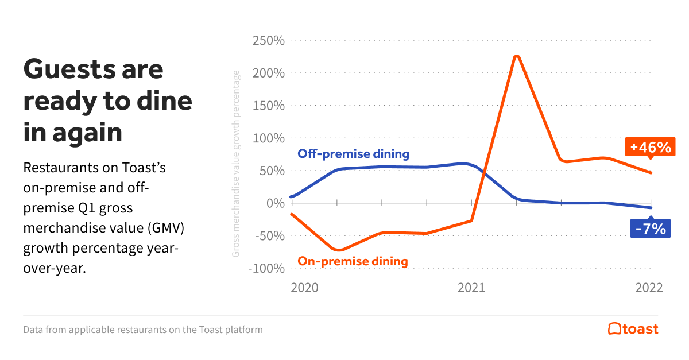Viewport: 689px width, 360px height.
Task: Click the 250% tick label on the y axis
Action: [268, 41]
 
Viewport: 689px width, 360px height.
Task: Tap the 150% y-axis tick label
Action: [268, 106]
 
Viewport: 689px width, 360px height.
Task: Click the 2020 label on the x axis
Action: [304, 288]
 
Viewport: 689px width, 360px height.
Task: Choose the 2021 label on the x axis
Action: [471, 288]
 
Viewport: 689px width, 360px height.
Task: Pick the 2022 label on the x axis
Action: [649, 288]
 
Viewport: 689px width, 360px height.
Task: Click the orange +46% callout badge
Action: [650, 148]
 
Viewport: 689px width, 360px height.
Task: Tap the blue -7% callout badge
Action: [650, 229]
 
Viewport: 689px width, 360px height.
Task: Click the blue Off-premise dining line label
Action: [353, 154]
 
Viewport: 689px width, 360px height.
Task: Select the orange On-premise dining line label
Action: [353, 261]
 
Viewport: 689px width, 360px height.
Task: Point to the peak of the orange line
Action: [516, 56]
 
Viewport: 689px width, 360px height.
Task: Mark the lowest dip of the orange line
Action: [339, 250]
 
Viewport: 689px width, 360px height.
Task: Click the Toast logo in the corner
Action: [633, 329]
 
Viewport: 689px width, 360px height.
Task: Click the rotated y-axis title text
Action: [236, 164]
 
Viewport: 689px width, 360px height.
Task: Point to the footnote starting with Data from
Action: [143, 330]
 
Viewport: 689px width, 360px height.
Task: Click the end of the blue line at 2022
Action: [651, 207]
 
